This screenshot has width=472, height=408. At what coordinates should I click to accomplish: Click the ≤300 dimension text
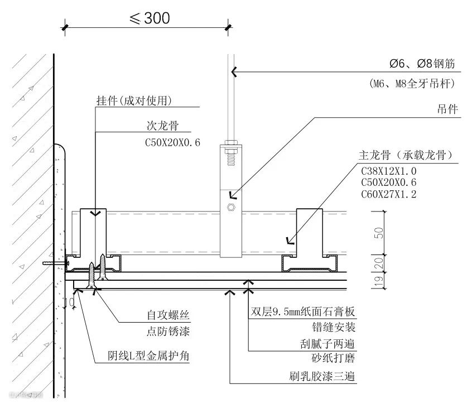coord(150,18)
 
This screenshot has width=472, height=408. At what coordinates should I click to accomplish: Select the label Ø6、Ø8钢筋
coord(422,64)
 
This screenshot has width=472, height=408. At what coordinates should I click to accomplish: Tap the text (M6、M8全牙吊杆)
coord(412,84)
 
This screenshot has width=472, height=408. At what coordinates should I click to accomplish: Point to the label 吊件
coord(447,109)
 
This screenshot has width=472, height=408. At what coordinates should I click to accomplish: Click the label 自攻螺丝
coord(164,316)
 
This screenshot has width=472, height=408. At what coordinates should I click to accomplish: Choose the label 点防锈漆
coord(164,332)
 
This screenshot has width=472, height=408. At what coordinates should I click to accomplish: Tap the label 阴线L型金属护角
coord(149,356)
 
